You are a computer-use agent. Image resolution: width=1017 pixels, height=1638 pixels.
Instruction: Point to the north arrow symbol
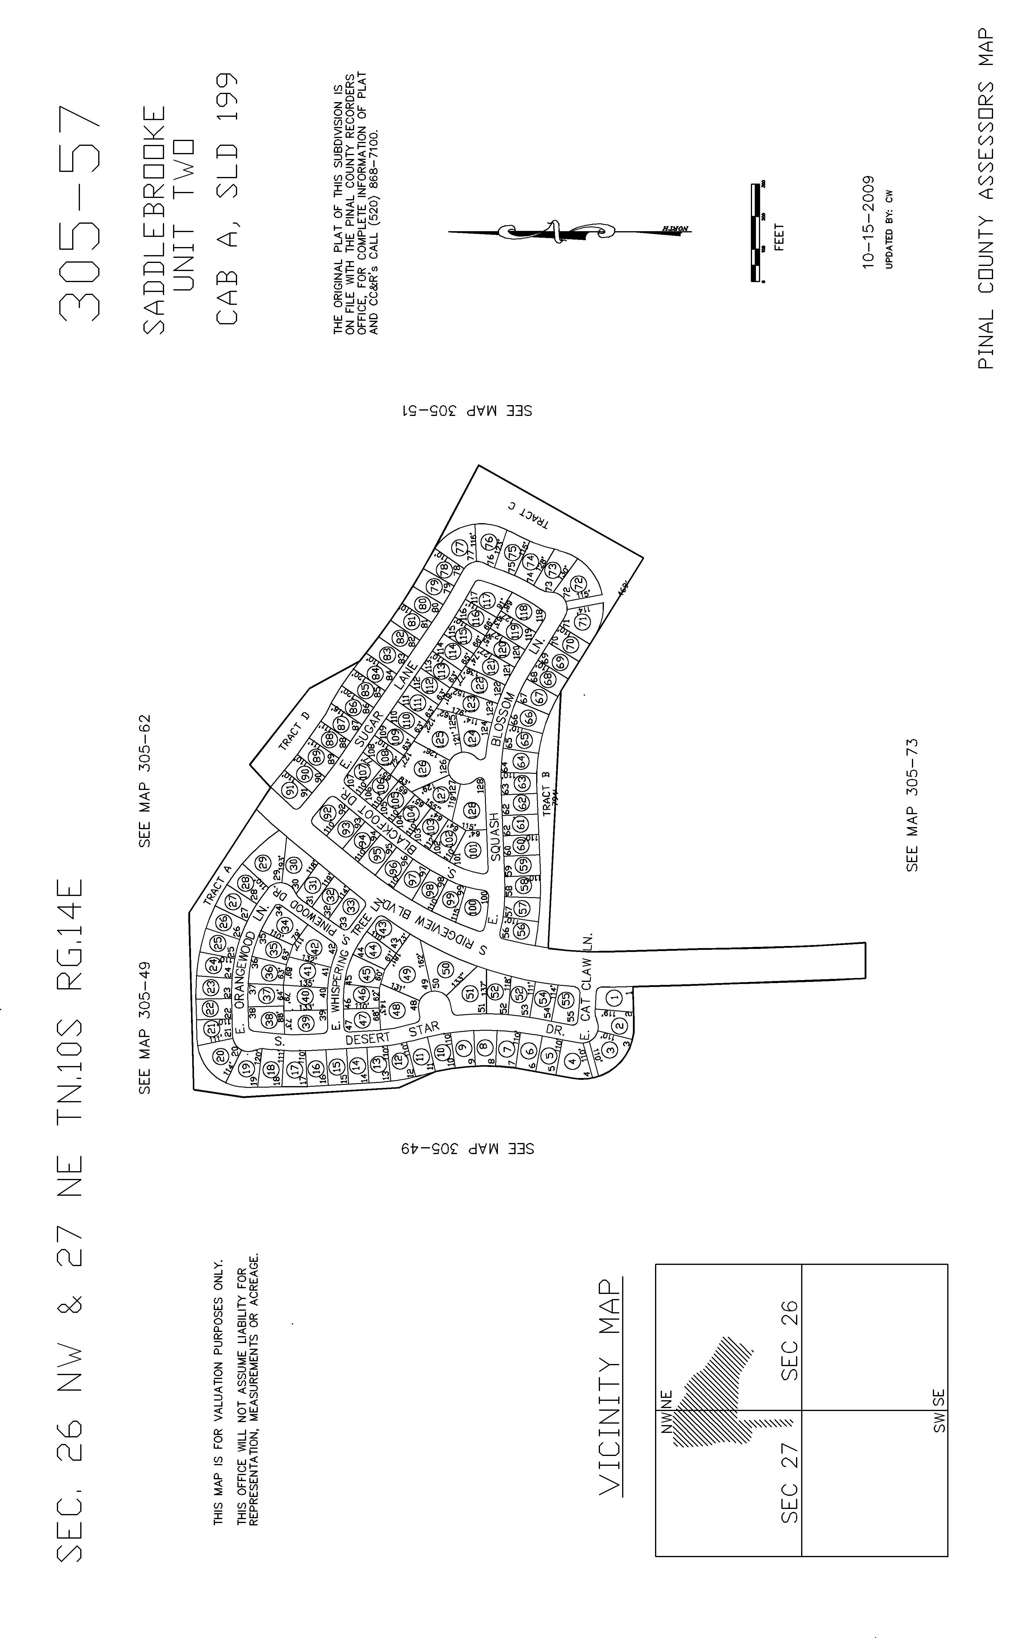568,232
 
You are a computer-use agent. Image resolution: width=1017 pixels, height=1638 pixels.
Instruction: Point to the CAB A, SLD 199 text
227,199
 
